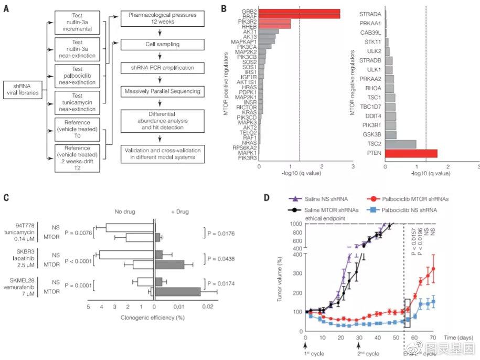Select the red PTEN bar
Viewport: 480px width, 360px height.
(411, 154)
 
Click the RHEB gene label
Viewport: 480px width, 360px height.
(248, 26)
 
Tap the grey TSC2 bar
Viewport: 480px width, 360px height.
(401, 144)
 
